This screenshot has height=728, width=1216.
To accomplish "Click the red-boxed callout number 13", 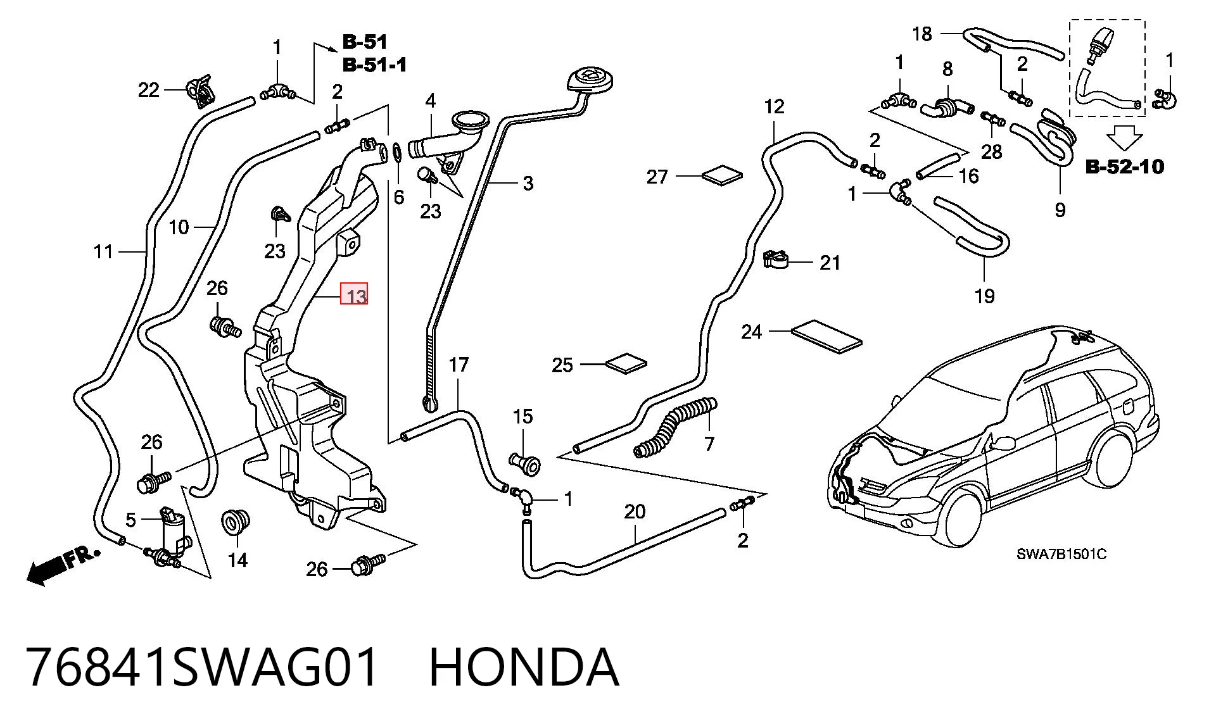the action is (354, 295).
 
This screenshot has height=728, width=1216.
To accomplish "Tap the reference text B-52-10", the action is (1124, 166).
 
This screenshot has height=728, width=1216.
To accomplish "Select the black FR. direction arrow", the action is (62, 565).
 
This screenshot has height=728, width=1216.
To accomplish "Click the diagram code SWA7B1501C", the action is (1061, 555).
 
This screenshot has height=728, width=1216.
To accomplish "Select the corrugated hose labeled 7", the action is (674, 427).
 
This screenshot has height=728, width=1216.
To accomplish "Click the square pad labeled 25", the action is (626, 364).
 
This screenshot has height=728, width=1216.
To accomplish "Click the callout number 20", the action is (635, 511).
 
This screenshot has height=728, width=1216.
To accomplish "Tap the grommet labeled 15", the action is (525, 463).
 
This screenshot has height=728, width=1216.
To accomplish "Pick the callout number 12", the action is (774, 106).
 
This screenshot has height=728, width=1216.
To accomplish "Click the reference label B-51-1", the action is (374, 65).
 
